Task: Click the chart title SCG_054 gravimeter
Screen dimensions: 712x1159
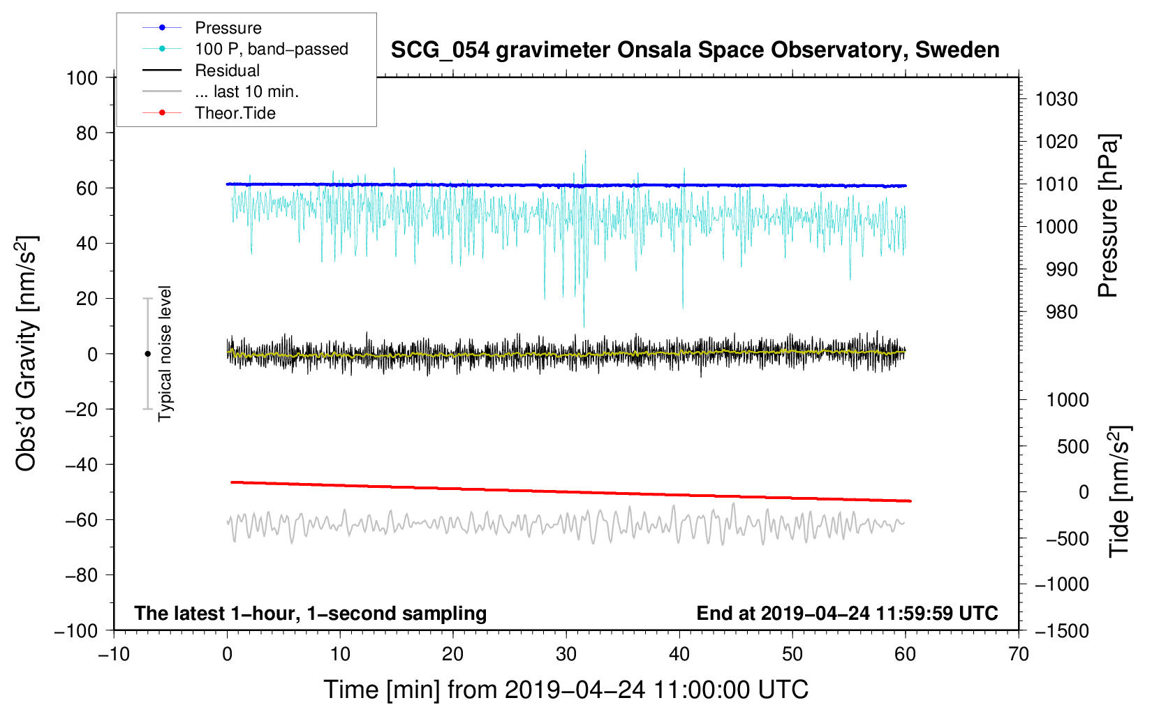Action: click(694, 50)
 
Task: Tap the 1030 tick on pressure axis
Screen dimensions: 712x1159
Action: click(1056, 99)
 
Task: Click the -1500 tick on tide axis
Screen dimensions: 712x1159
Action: click(1061, 630)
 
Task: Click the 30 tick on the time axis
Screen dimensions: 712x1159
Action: click(566, 654)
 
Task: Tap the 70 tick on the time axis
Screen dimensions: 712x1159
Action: click(1018, 654)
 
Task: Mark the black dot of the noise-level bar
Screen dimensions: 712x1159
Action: click(147, 354)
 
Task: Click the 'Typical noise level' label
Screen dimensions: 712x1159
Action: click(165, 353)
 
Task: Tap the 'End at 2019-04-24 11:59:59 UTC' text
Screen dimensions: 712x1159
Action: click(847, 613)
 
